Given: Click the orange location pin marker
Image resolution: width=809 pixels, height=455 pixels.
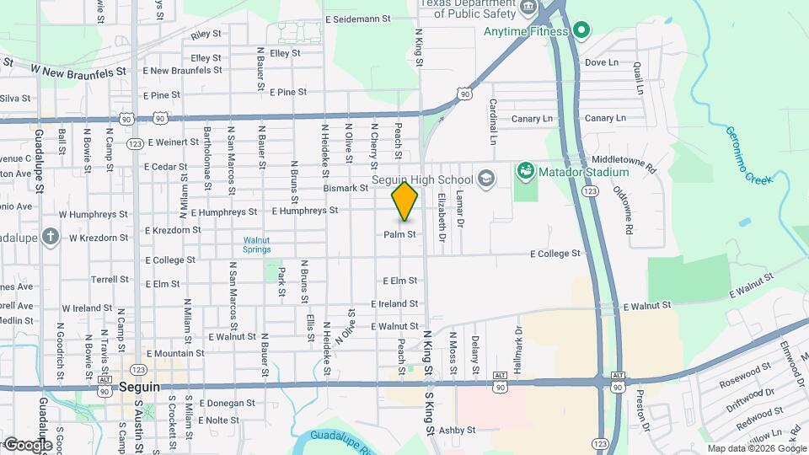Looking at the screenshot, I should click(x=404, y=201).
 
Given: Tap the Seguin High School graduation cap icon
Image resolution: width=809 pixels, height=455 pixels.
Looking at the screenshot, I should click(x=485, y=178).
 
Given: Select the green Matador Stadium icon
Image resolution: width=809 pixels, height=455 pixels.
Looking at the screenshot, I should click(x=526, y=172).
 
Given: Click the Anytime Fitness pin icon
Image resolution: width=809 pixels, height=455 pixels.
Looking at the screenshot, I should click(x=580, y=31).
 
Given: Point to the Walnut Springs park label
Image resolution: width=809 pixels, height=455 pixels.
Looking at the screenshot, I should click(x=257, y=244).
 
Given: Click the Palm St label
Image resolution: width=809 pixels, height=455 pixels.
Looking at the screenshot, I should click(x=400, y=234).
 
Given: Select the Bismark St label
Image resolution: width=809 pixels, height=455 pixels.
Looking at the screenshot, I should click(x=346, y=188).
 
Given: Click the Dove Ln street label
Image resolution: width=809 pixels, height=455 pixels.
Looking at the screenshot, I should click(x=601, y=62).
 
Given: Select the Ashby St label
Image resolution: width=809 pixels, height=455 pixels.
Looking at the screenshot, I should click(x=458, y=430).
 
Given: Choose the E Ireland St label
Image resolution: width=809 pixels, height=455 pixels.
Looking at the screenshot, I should click(x=394, y=303).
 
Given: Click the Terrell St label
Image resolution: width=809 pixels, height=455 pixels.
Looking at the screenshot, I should click(x=110, y=279).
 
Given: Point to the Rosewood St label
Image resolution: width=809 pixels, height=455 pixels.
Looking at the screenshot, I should click(x=744, y=376).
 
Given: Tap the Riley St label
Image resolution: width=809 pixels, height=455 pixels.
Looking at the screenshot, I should click(x=206, y=35).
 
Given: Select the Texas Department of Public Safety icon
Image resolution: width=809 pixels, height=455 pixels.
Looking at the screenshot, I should click(x=529, y=8).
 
